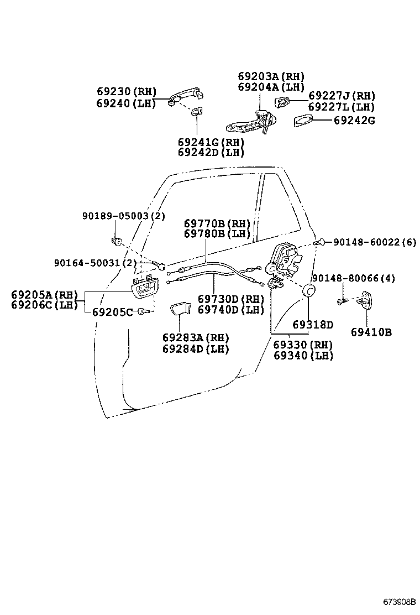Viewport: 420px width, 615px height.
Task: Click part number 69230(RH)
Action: (x=126, y=92)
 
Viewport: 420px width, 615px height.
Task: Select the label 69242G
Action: (x=354, y=119)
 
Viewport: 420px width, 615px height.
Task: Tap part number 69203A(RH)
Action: (x=271, y=76)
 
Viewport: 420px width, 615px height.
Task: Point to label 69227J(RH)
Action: (x=341, y=96)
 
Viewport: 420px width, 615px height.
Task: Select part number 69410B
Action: (x=371, y=332)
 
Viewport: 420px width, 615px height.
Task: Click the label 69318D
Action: (x=313, y=324)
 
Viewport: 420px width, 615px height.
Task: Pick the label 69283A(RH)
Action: (x=195, y=337)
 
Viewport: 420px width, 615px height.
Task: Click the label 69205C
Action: (x=112, y=312)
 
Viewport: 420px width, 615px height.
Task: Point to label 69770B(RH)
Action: (x=217, y=223)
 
